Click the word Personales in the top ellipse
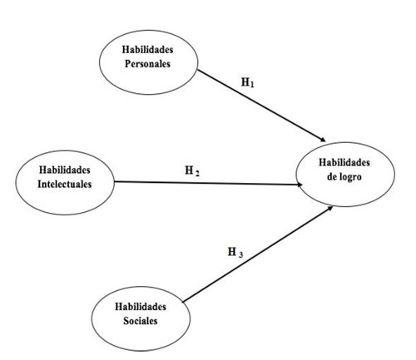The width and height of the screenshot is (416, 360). pos(147,64)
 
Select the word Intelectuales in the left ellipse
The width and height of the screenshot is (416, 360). pos(65,184)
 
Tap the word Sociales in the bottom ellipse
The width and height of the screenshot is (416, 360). pos(141,321)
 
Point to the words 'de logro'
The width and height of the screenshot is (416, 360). pos(344,177)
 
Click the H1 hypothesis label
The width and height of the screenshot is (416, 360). pos(248,82)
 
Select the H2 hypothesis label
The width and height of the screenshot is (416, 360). pos(192,171)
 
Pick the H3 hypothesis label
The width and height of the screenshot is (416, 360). pos(235,253)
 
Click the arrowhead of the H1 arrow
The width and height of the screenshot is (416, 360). pos(323,140)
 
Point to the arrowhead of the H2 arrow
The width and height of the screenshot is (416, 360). pos(300,185)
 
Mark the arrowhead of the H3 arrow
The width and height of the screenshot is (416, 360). pos(329,208)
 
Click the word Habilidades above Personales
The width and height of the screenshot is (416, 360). pos(147,50)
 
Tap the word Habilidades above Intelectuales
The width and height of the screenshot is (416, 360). pos(65,170)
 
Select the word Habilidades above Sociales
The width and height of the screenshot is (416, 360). pos(141,307)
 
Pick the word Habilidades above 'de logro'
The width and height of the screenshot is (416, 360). pos(344,162)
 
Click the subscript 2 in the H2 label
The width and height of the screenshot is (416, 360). pos(197,174)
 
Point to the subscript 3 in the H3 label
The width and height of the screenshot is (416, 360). pos(240,254)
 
